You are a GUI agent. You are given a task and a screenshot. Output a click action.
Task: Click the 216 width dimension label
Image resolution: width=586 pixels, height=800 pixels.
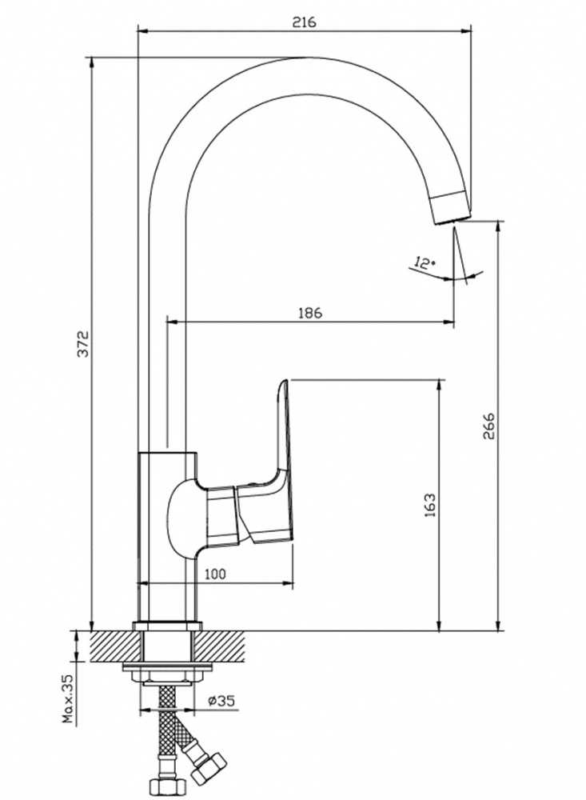pyautogui.click(x=304, y=22)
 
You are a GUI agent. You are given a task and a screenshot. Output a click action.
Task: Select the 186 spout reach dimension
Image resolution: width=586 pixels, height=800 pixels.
pyautogui.click(x=310, y=312)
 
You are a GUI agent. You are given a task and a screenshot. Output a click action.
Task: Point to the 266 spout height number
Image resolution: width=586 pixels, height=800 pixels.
pyautogui.click(x=488, y=425)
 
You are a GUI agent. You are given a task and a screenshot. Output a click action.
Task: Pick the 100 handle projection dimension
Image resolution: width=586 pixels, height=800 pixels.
pyautogui.click(x=215, y=574)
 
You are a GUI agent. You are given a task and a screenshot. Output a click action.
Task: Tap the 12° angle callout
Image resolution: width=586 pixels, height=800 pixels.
pyautogui.click(x=425, y=263)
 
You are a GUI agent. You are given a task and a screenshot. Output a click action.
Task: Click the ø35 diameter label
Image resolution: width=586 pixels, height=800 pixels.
pyautogui.click(x=221, y=701)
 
